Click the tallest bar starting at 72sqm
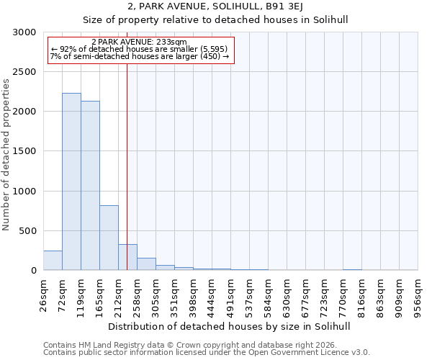click(x=71, y=181)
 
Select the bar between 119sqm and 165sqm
click(x=90, y=186)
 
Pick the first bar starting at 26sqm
click(x=53, y=261)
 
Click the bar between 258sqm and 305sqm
click(x=146, y=264)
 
